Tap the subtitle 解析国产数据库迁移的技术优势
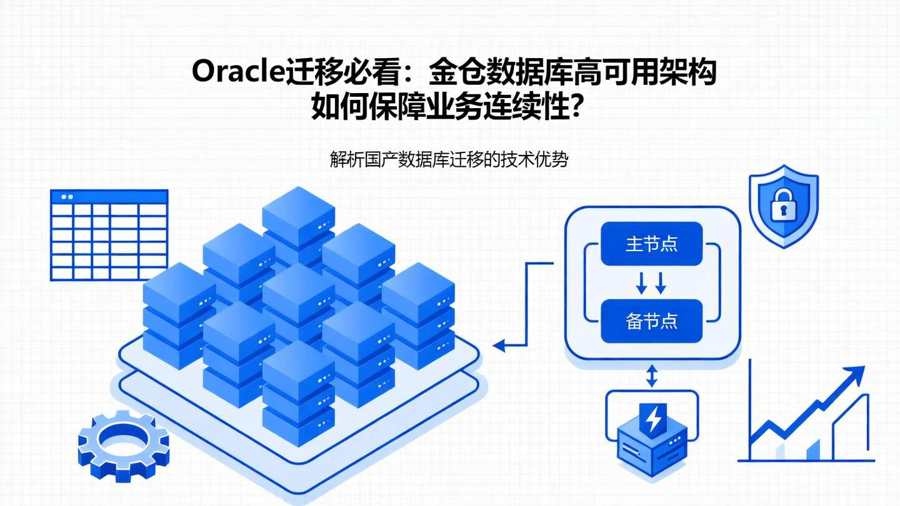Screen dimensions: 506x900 tap(449, 160)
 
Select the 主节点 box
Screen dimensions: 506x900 tap(651, 244)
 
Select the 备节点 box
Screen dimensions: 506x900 tap(651, 321)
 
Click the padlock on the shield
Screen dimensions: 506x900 tap(783, 206)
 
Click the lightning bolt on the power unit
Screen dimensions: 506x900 tap(652, 419)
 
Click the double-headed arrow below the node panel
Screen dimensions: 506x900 tap(652, 376)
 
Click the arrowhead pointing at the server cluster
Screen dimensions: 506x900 tap(499, 345)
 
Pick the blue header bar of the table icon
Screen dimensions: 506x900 tap(109, 197)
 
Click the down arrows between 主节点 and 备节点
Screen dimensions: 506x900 tap(651, 283)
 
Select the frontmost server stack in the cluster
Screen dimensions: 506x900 tap(298, 394)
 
